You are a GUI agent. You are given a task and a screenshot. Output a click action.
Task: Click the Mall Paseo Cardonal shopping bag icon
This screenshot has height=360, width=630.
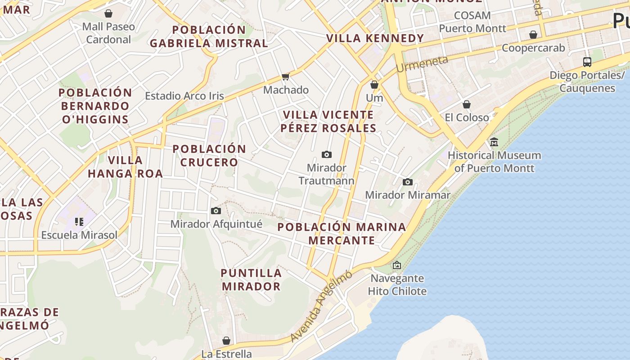[108, 13]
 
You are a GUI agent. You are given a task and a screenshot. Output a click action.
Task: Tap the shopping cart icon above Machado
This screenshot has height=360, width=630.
[285, 76]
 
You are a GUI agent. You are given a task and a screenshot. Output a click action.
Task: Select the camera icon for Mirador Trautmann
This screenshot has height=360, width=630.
[327, 155]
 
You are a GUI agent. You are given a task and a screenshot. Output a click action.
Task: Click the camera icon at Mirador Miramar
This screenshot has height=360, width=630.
[408, 182]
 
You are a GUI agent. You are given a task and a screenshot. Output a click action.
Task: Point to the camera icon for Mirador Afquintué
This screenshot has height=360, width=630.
[216, 211]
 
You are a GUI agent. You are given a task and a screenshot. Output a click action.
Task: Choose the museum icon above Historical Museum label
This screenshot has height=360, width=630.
[494, 142]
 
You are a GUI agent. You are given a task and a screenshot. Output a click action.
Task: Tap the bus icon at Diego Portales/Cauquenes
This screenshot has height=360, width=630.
[587, 62]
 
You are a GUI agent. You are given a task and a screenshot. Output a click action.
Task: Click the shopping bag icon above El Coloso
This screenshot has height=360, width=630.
[467, 104]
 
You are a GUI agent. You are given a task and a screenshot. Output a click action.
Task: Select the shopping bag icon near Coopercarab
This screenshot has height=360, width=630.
[533, 35]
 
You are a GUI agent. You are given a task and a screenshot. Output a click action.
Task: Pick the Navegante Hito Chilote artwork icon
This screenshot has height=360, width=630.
[396, 265]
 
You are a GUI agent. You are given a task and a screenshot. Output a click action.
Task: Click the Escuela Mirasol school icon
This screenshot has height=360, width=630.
[79, 221]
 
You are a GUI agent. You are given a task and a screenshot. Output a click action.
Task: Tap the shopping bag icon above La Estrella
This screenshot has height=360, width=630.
[226, 341]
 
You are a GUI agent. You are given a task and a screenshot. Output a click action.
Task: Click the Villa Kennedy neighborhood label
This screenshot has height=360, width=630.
[375, 38]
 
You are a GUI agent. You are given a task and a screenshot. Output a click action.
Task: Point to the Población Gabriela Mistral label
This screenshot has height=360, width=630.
[209, 36]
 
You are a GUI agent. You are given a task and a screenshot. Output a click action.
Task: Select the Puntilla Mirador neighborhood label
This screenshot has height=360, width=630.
[251, 279]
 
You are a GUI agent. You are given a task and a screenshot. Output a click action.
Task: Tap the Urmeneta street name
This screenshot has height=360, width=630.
[422, 64]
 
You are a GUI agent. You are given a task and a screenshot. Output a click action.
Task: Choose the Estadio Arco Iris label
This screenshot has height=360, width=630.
[184, 96]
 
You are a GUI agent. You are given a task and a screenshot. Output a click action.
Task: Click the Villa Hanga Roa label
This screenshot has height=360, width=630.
[125, 166]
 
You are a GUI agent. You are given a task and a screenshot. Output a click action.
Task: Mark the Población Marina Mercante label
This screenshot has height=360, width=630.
[342, 233]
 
